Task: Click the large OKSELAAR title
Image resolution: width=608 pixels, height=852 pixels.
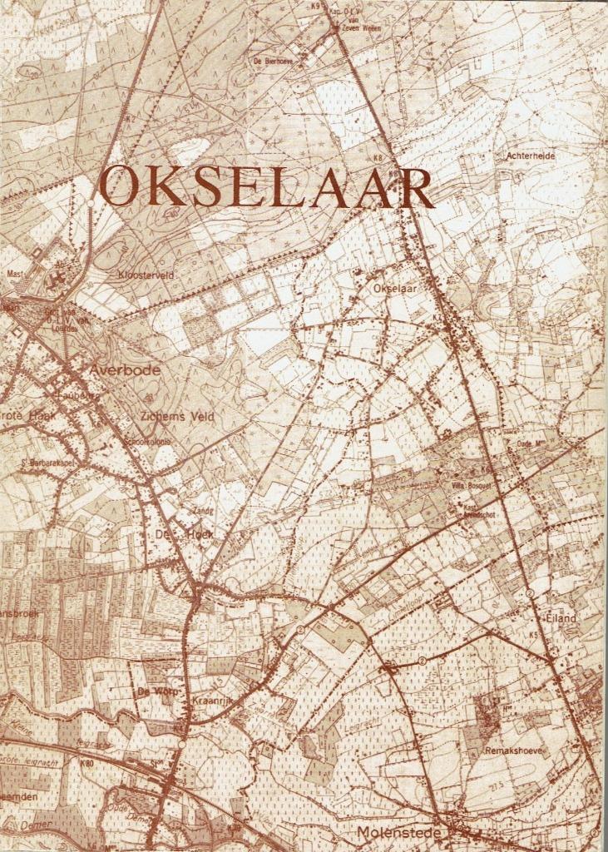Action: [266, 189]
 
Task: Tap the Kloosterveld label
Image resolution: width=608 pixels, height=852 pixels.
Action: [145, 273]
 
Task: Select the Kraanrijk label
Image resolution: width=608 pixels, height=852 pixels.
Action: [215, 701]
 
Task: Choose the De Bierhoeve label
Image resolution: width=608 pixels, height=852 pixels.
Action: [272, 60]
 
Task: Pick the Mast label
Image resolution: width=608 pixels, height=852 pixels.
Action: [14, 272]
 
